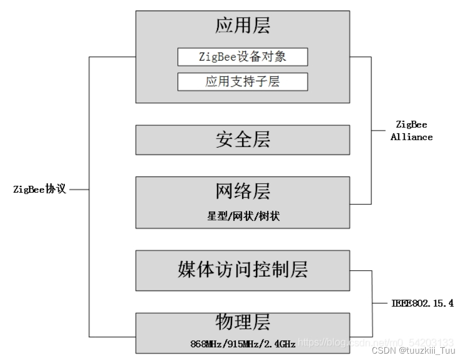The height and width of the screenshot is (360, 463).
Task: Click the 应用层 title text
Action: (243, 26)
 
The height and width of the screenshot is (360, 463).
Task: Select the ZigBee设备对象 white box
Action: (243, 57)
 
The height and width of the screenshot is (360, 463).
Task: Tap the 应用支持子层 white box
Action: (243, 82)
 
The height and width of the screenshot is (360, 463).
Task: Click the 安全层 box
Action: (243, 140)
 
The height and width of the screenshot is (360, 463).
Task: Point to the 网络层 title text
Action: (243, 190)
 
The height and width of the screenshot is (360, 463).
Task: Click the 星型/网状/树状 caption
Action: (243, 216)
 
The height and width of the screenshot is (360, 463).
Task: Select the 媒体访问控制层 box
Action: (243, 270)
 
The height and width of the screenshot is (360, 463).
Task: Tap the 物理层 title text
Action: (243, 322)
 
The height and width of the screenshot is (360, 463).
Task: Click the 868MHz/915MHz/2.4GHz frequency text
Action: (243, 344)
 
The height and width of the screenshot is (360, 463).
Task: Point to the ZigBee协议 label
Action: (40, 189)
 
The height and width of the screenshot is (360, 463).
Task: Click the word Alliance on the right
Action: (411, 137)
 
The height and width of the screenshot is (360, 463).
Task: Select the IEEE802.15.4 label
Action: (423, 304)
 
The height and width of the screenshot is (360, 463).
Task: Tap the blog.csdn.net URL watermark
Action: (375, 342)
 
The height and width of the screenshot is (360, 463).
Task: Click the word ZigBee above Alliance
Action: (411, 124)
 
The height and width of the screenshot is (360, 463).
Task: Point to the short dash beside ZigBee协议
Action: (79, 189)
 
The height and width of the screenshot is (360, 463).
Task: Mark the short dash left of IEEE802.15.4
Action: (380, 304)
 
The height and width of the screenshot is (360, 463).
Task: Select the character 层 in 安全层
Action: (261, 140)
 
